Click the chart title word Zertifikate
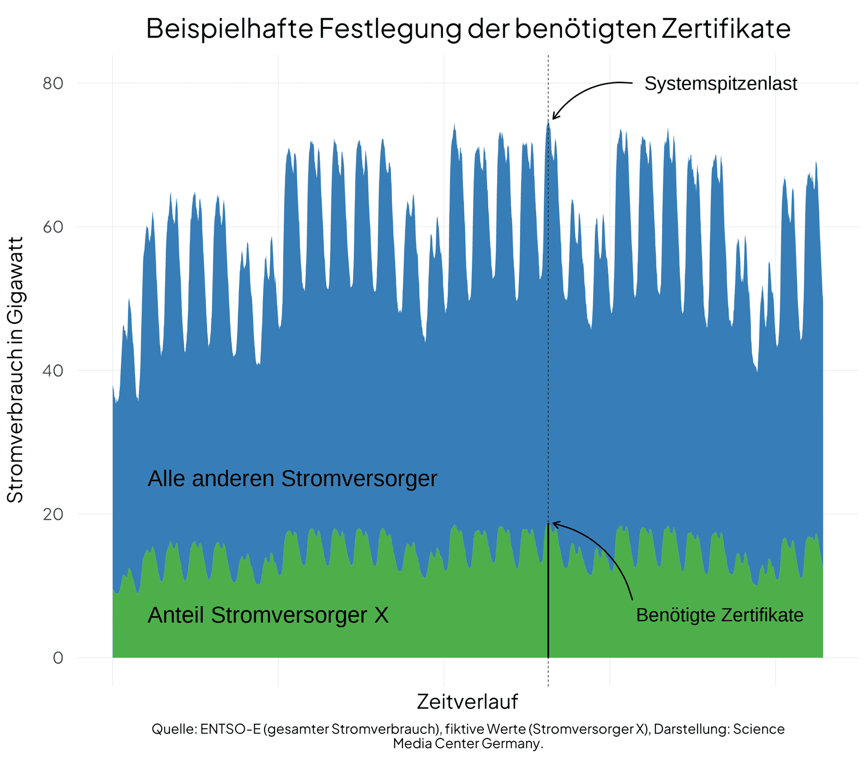[726, 29]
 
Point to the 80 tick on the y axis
[53, 84]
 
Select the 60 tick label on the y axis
[53, 227]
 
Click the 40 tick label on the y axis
[53, 371]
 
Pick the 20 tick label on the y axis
[53, 514]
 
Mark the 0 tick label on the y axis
[58, 658]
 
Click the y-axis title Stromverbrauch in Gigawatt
[15, 370]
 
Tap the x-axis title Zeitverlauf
[467, 702]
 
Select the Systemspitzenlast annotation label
[721, 84]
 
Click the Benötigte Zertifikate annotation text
[719, 616]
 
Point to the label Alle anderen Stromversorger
[292, 479]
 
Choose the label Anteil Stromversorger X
[268, 616]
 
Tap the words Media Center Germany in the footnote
[467, 744]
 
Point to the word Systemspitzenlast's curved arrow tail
[629, 84]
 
